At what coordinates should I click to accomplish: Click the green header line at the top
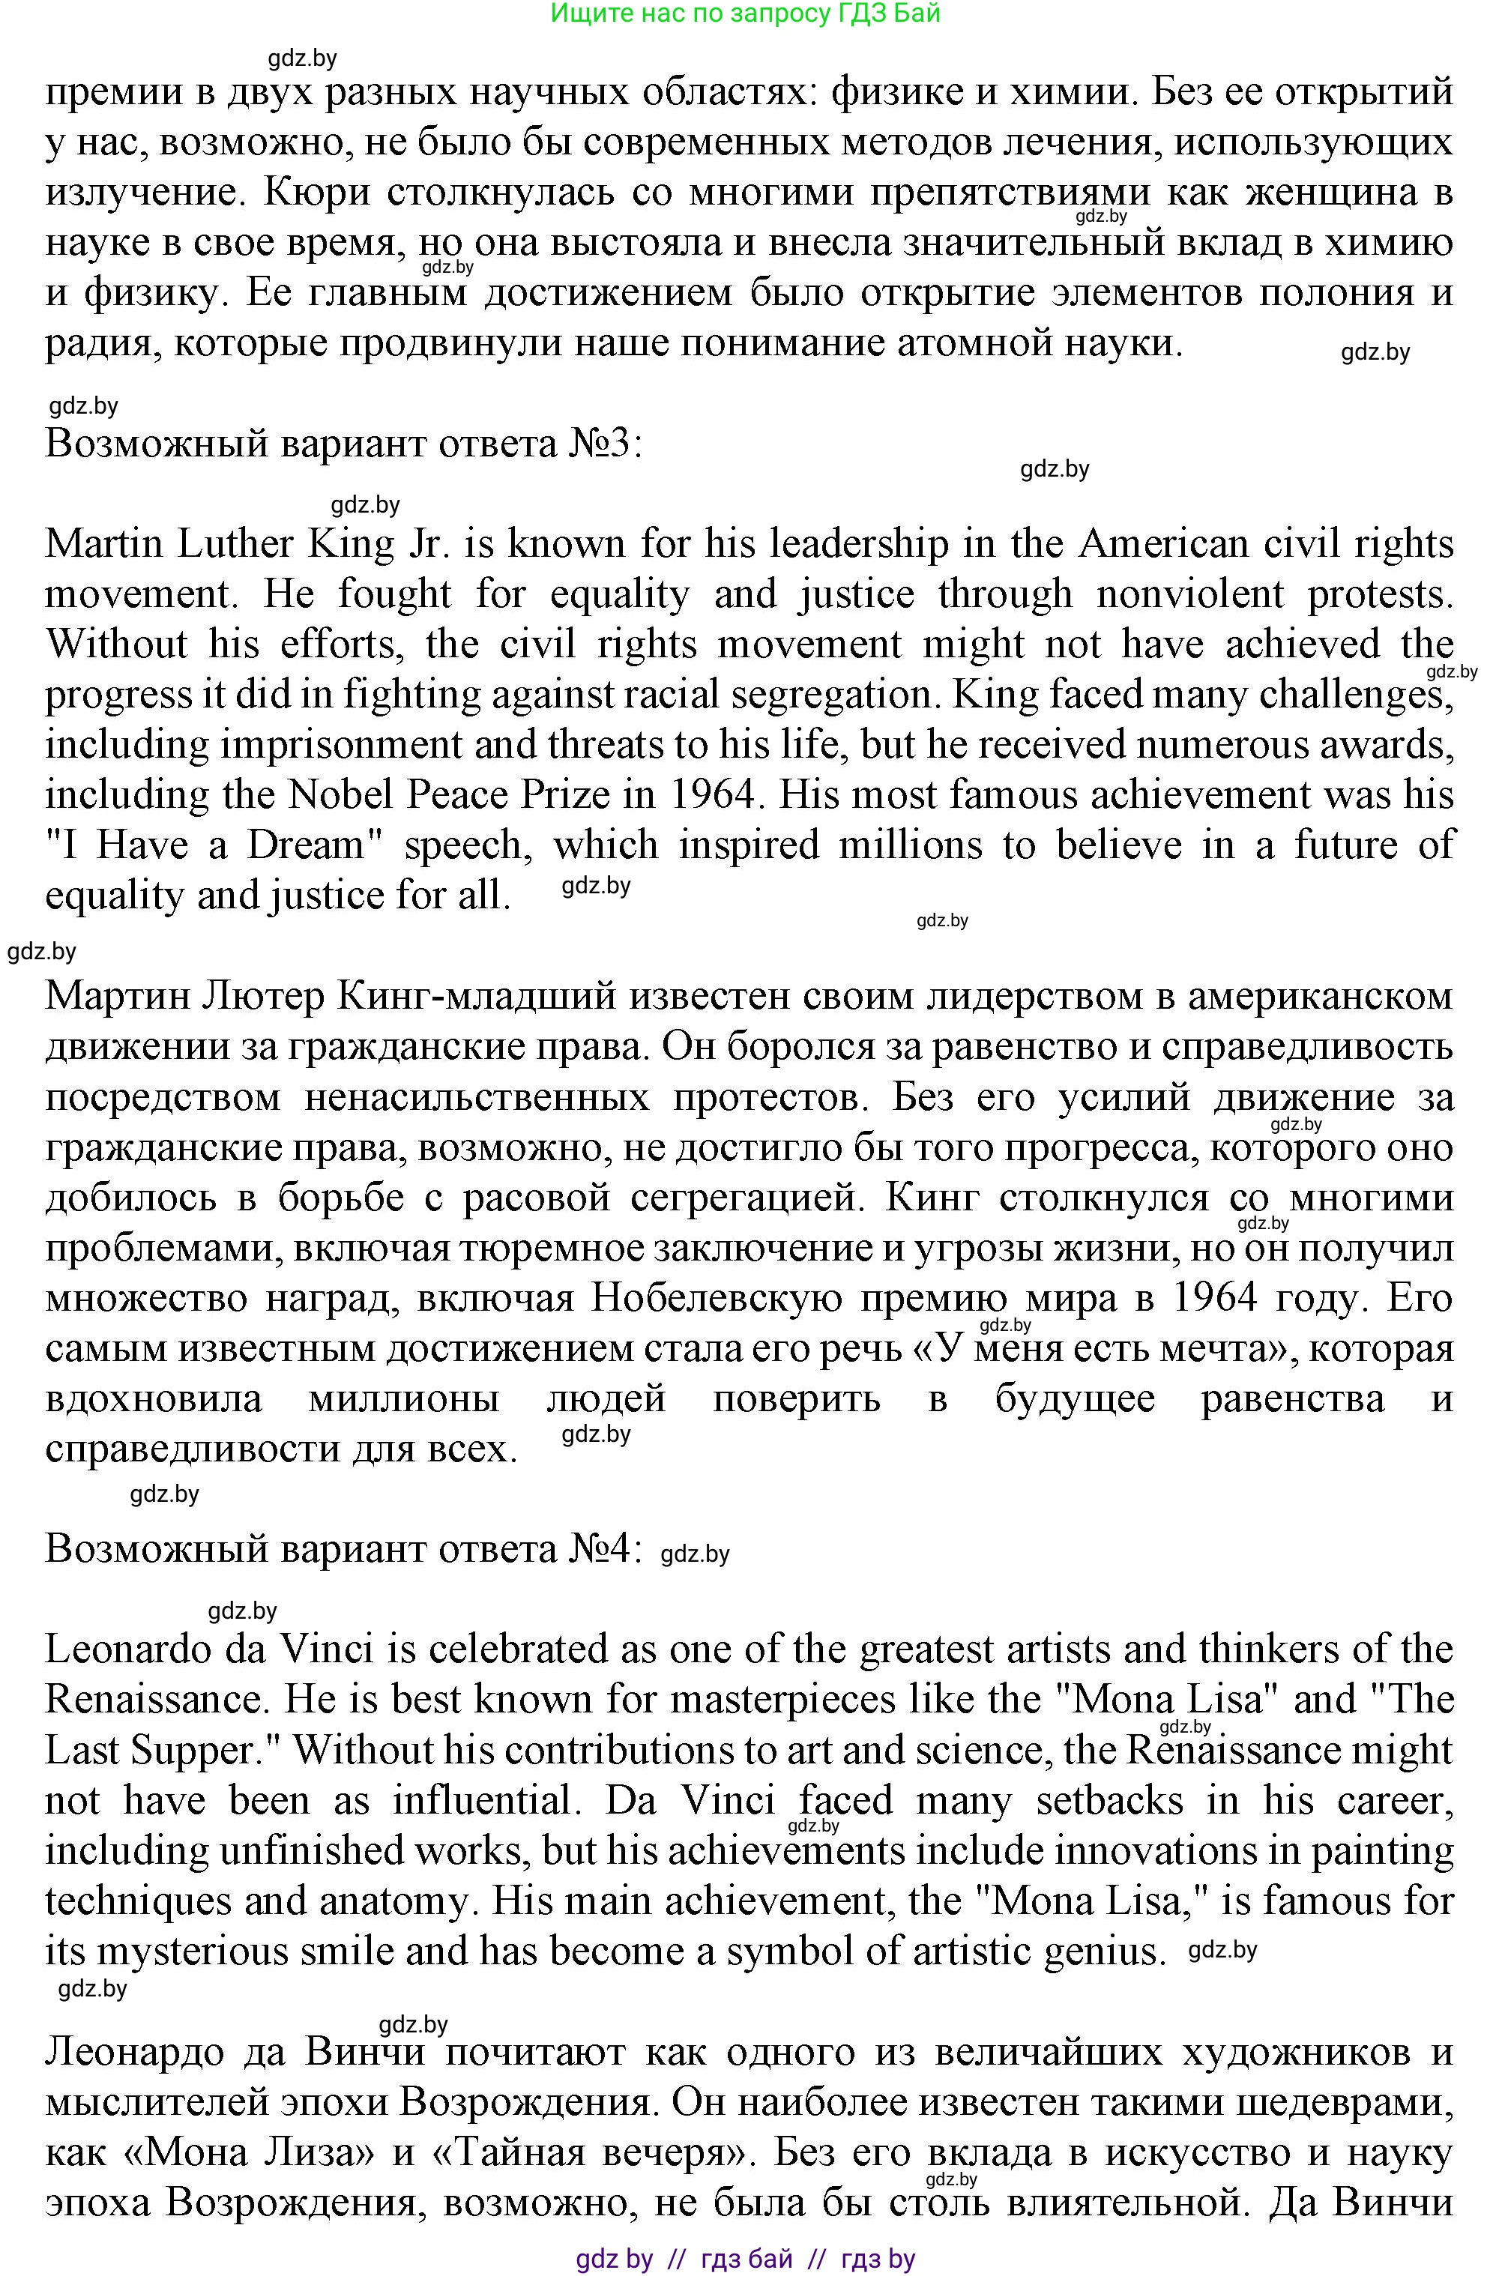(745, 13)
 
